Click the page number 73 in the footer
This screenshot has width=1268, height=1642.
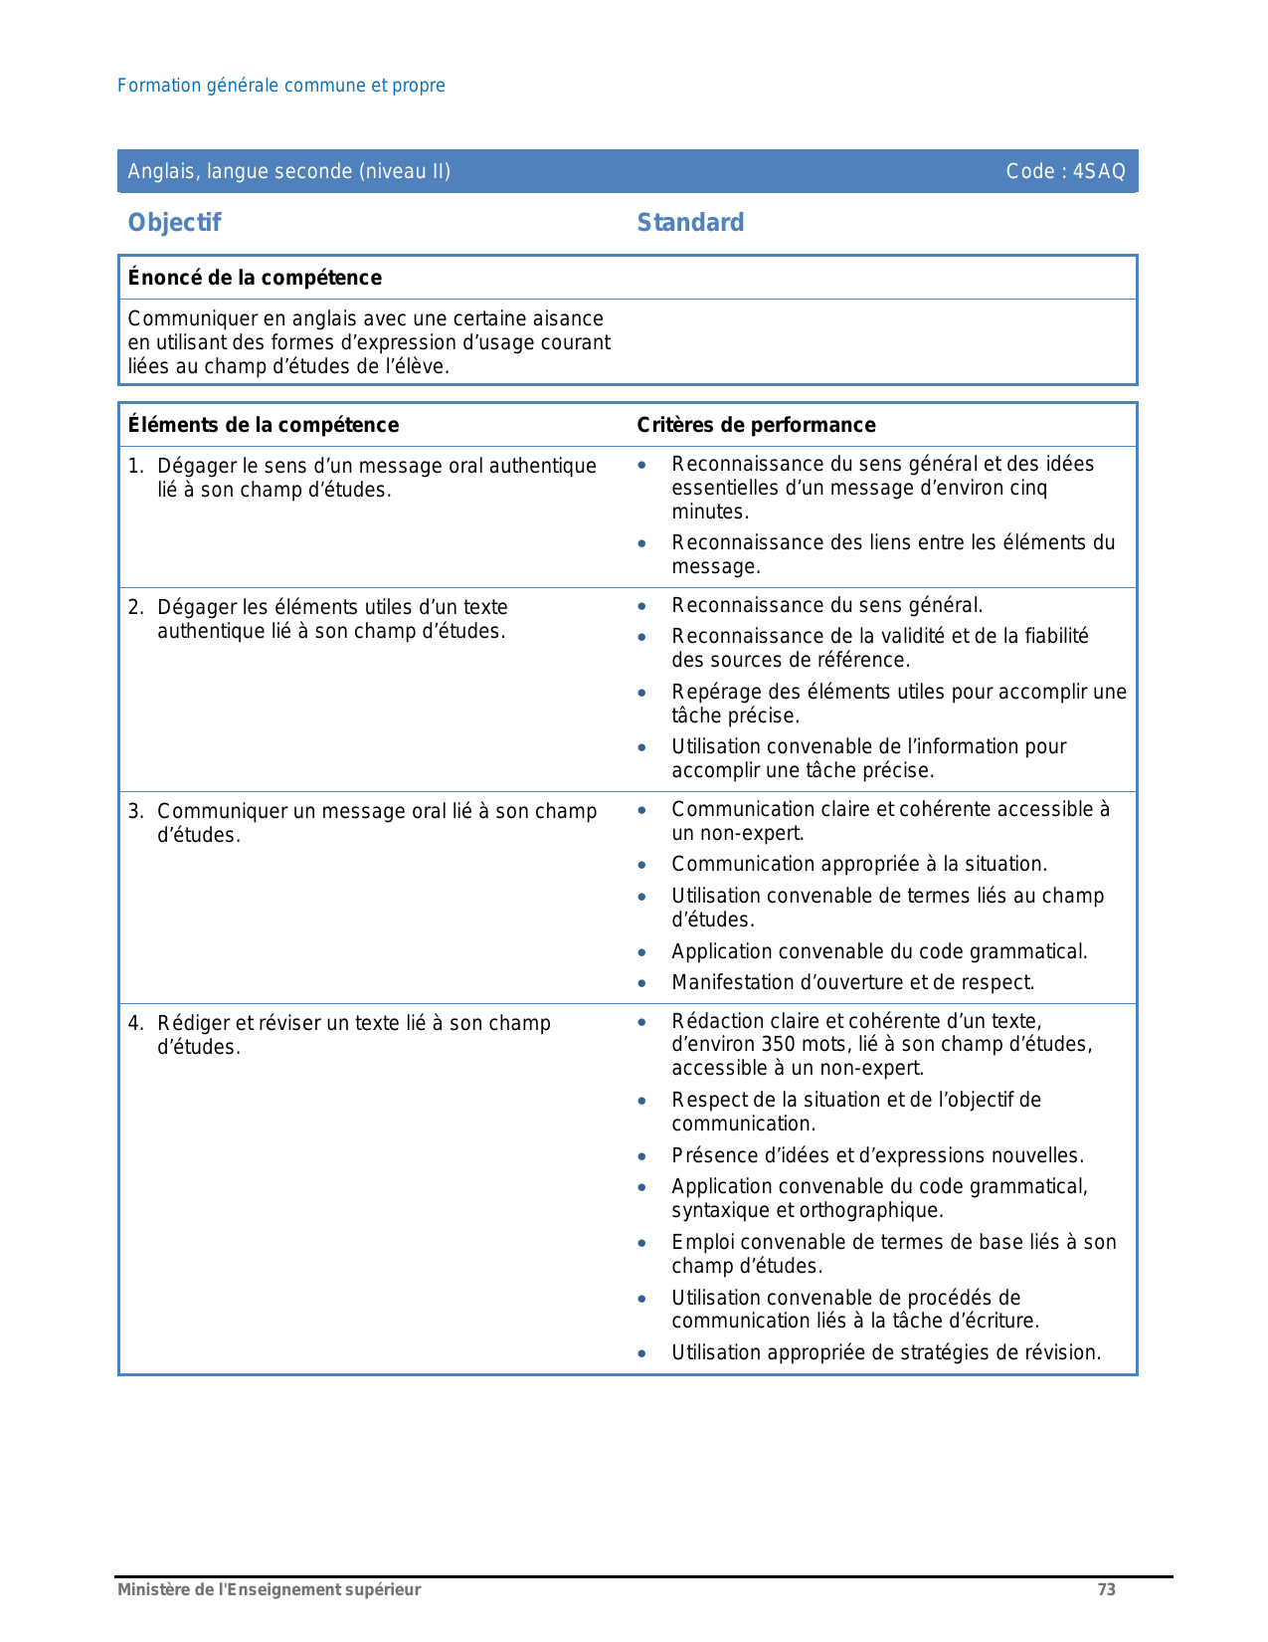point(1106,1590)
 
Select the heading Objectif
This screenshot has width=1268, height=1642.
point(174,223)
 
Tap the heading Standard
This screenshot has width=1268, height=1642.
point(690,223)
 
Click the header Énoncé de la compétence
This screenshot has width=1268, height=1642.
point(255,278)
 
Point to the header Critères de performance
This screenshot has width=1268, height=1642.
point(756,425)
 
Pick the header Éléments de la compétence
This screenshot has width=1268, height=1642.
point(264,425)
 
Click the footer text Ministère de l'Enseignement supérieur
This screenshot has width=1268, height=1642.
point(269,1590)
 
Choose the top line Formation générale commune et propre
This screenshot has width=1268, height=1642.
point(281,86)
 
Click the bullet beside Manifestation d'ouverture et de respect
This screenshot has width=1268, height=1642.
point(642,983)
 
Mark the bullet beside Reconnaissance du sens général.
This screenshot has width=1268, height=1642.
point(642,606)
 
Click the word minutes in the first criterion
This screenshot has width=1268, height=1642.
point(709,513)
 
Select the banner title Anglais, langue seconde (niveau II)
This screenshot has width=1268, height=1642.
point(288,171)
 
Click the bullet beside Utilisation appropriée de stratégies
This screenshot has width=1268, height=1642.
point(642,1353)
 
